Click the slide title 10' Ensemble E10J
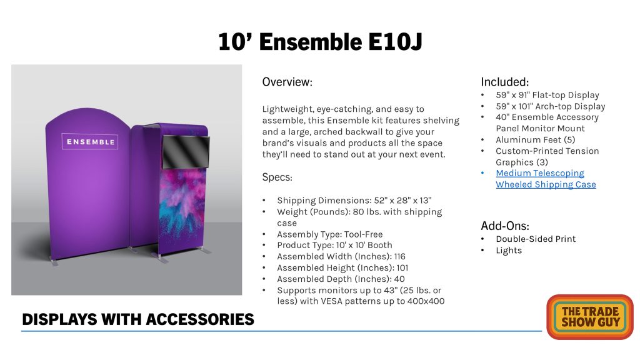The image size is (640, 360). pos(320,42)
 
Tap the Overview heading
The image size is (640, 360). pos(287,82)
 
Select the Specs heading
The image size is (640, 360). pos(277,177)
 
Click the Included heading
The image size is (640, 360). pos(504,82)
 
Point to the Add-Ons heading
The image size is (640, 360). pos(505,226)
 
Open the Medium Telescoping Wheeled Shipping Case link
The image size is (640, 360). pos(546,179)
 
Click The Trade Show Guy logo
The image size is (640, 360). pos(590,317)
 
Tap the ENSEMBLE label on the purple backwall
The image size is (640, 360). pos(90,142)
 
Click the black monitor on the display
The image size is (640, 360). pos(186,152)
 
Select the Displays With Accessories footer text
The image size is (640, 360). pos(138,319)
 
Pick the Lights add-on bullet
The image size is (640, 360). pos(509,250)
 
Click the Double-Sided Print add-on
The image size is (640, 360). pos(536,239)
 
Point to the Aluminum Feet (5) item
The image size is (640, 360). pos(536,139)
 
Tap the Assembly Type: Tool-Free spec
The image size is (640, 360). pos(330,234)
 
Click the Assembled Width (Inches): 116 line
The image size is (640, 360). pos(341,256)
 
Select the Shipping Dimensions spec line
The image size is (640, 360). pos(354,201)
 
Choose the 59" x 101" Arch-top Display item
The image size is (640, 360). pos(551,106)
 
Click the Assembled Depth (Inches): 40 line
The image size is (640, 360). pos(341,279)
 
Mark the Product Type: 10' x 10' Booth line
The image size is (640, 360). pos(335,245)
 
